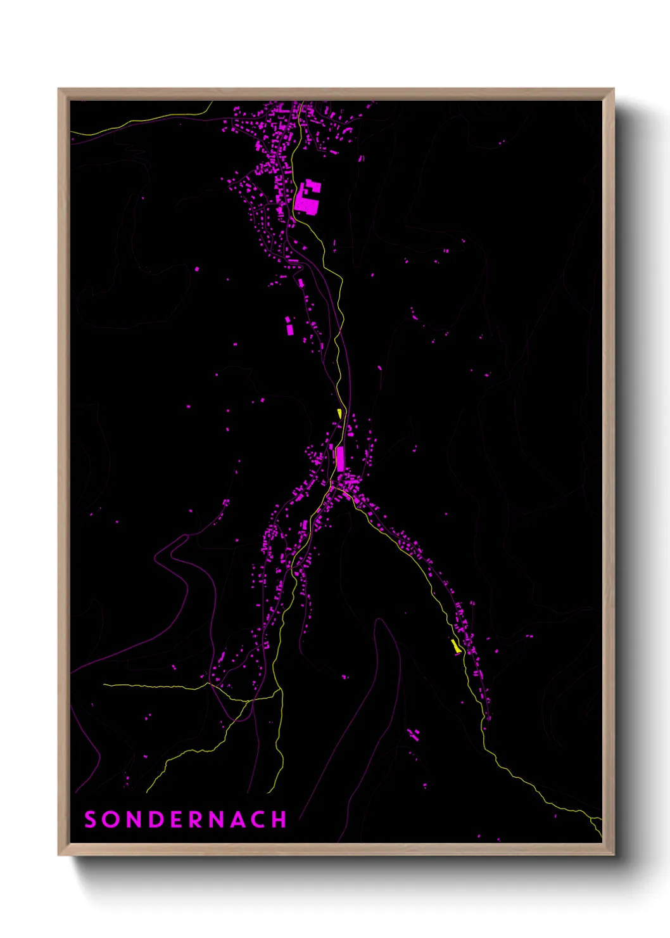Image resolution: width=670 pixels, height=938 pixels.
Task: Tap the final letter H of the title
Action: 279,819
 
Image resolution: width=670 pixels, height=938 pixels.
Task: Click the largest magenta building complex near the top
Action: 308,198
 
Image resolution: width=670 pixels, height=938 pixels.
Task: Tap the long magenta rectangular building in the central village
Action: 340,458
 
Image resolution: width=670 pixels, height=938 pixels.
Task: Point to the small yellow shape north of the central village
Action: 340,413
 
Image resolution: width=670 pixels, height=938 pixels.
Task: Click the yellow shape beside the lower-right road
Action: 455,646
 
